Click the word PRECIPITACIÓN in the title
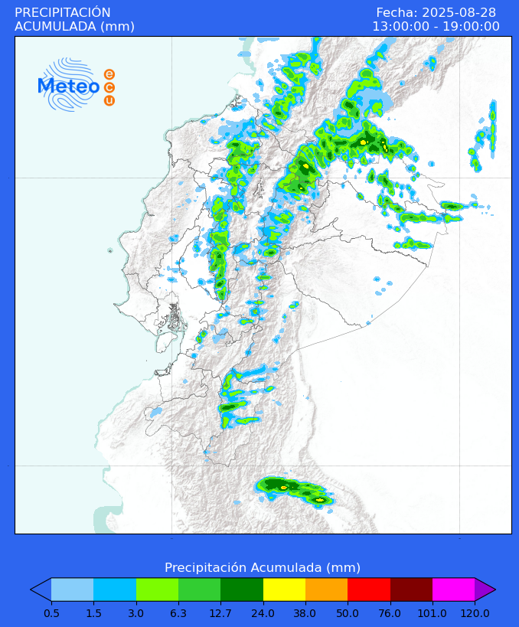63,12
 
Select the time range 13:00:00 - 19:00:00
436,27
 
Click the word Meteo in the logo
69,87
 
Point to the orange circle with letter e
109,74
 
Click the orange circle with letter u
109,100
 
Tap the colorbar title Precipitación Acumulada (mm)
263,567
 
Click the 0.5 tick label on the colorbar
51,613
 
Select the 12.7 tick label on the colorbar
220,613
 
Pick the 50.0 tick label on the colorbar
348,613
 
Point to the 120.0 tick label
475,613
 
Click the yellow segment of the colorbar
284,589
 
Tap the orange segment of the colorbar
326,589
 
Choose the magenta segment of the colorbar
453,589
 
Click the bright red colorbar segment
369,589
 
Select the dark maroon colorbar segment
411,589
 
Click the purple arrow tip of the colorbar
484,589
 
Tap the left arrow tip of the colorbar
41,589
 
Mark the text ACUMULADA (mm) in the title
74,27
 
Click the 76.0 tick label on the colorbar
390,613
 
